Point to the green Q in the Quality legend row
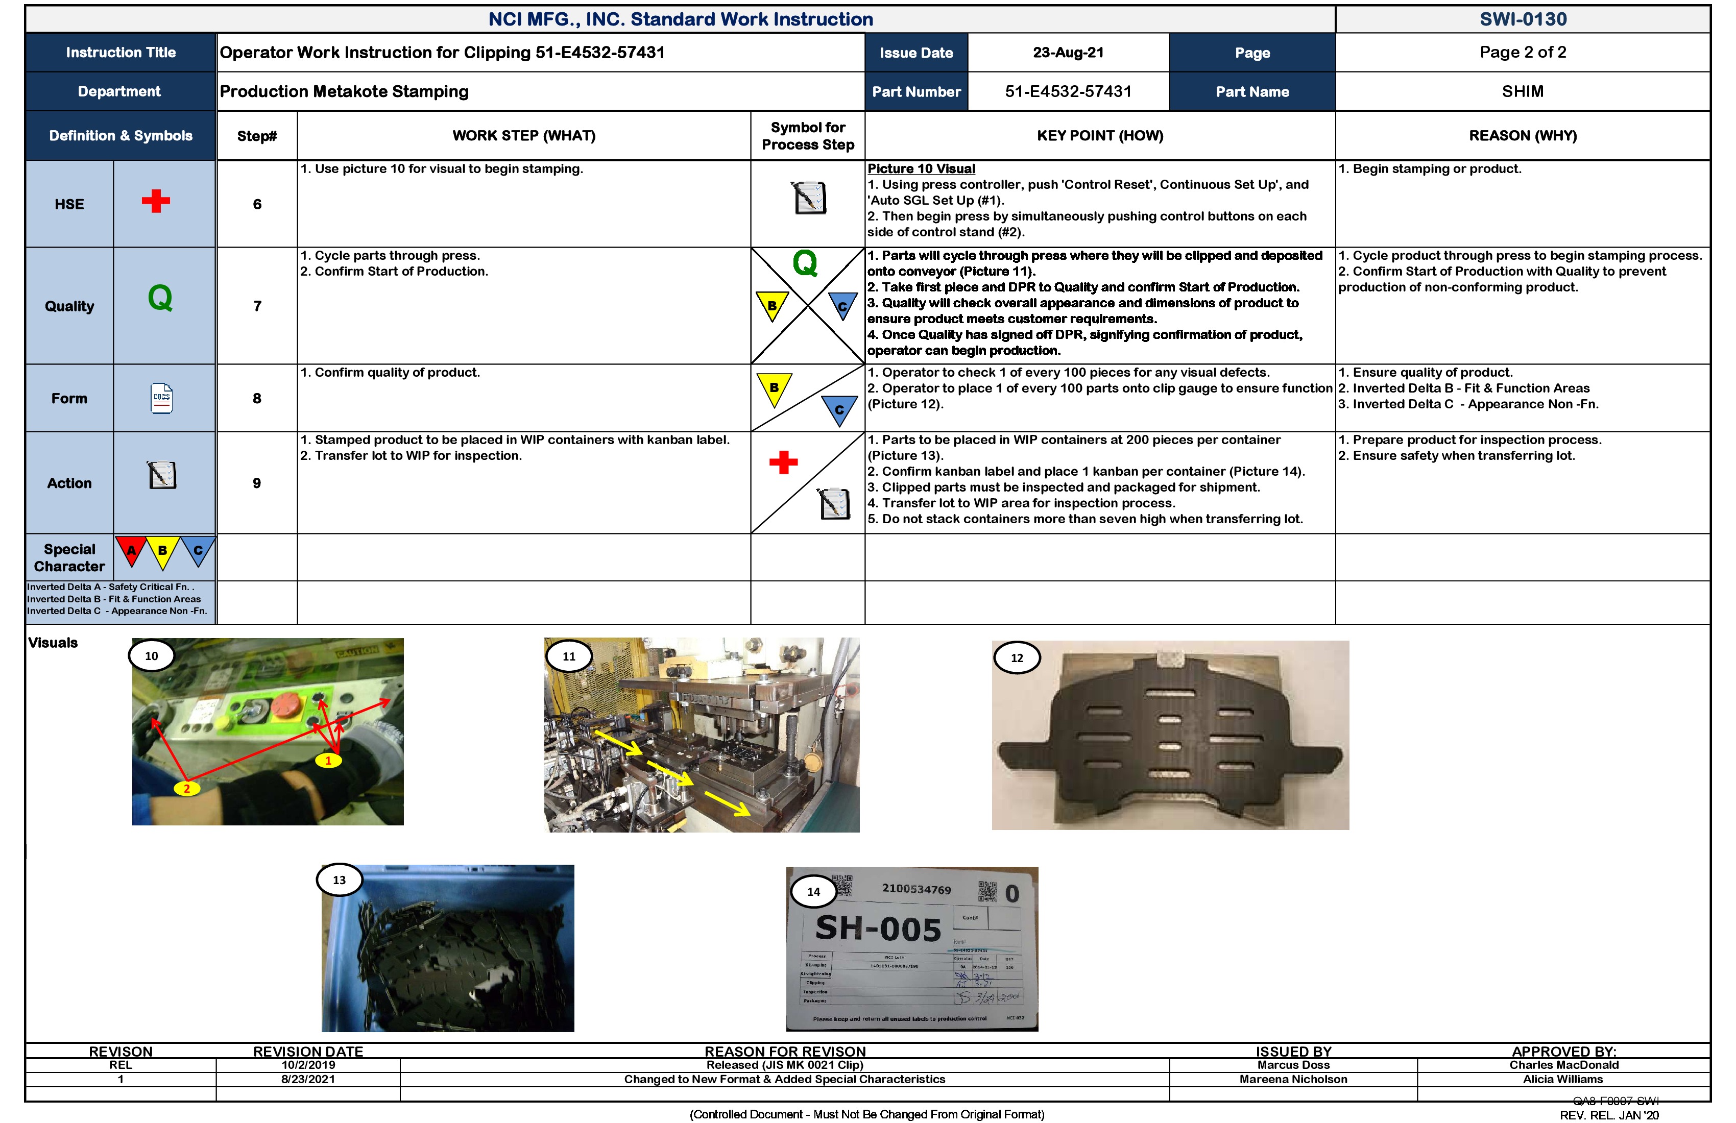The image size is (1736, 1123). click(x=160, y=298)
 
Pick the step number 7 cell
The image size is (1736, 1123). click(x=257, y=306)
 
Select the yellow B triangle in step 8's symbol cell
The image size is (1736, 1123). click(x=774, y=387)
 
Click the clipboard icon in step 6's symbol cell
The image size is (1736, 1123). click(x=809, y=198)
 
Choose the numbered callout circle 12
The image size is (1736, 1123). click(x=1016, y=658)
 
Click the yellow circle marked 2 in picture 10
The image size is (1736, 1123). click(x=187, y=788)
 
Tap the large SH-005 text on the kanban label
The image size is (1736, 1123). click(x=878, y=929)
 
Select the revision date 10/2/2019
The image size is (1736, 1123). click(x=308, y=1065)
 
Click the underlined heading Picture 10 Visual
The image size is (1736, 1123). click(x=921, y=169)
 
